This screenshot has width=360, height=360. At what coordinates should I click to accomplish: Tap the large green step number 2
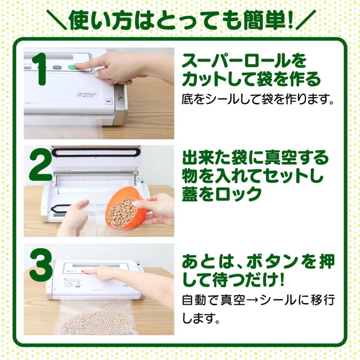point(40,165)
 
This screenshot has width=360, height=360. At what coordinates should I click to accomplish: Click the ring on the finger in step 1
point(97,74)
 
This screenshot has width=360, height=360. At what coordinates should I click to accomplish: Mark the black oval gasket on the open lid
point(96,152)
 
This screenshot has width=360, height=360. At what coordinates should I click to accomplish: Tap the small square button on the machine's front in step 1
point(108,101)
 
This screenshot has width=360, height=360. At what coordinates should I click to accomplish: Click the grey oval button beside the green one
point(57,68)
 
